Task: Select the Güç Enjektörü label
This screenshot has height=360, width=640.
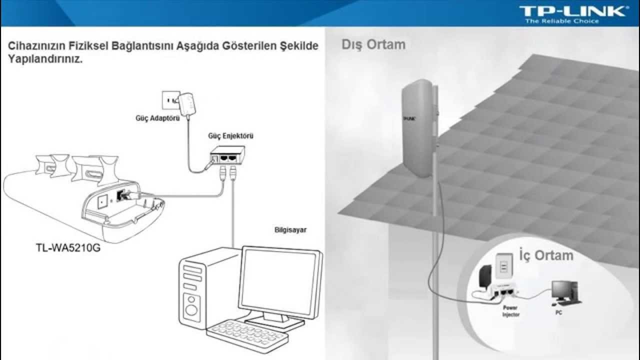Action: point(227,136)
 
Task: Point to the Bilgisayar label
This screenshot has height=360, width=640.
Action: point(290,230)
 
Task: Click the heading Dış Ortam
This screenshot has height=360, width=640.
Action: point(373,44)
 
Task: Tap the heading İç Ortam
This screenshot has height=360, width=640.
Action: point(546,255)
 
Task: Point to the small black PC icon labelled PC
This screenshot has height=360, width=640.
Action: point(564,292)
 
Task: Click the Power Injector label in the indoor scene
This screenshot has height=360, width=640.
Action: point(510,311)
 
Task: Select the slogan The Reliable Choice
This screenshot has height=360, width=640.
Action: point(561,21)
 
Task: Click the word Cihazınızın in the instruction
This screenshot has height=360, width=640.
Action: point(35,46)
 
